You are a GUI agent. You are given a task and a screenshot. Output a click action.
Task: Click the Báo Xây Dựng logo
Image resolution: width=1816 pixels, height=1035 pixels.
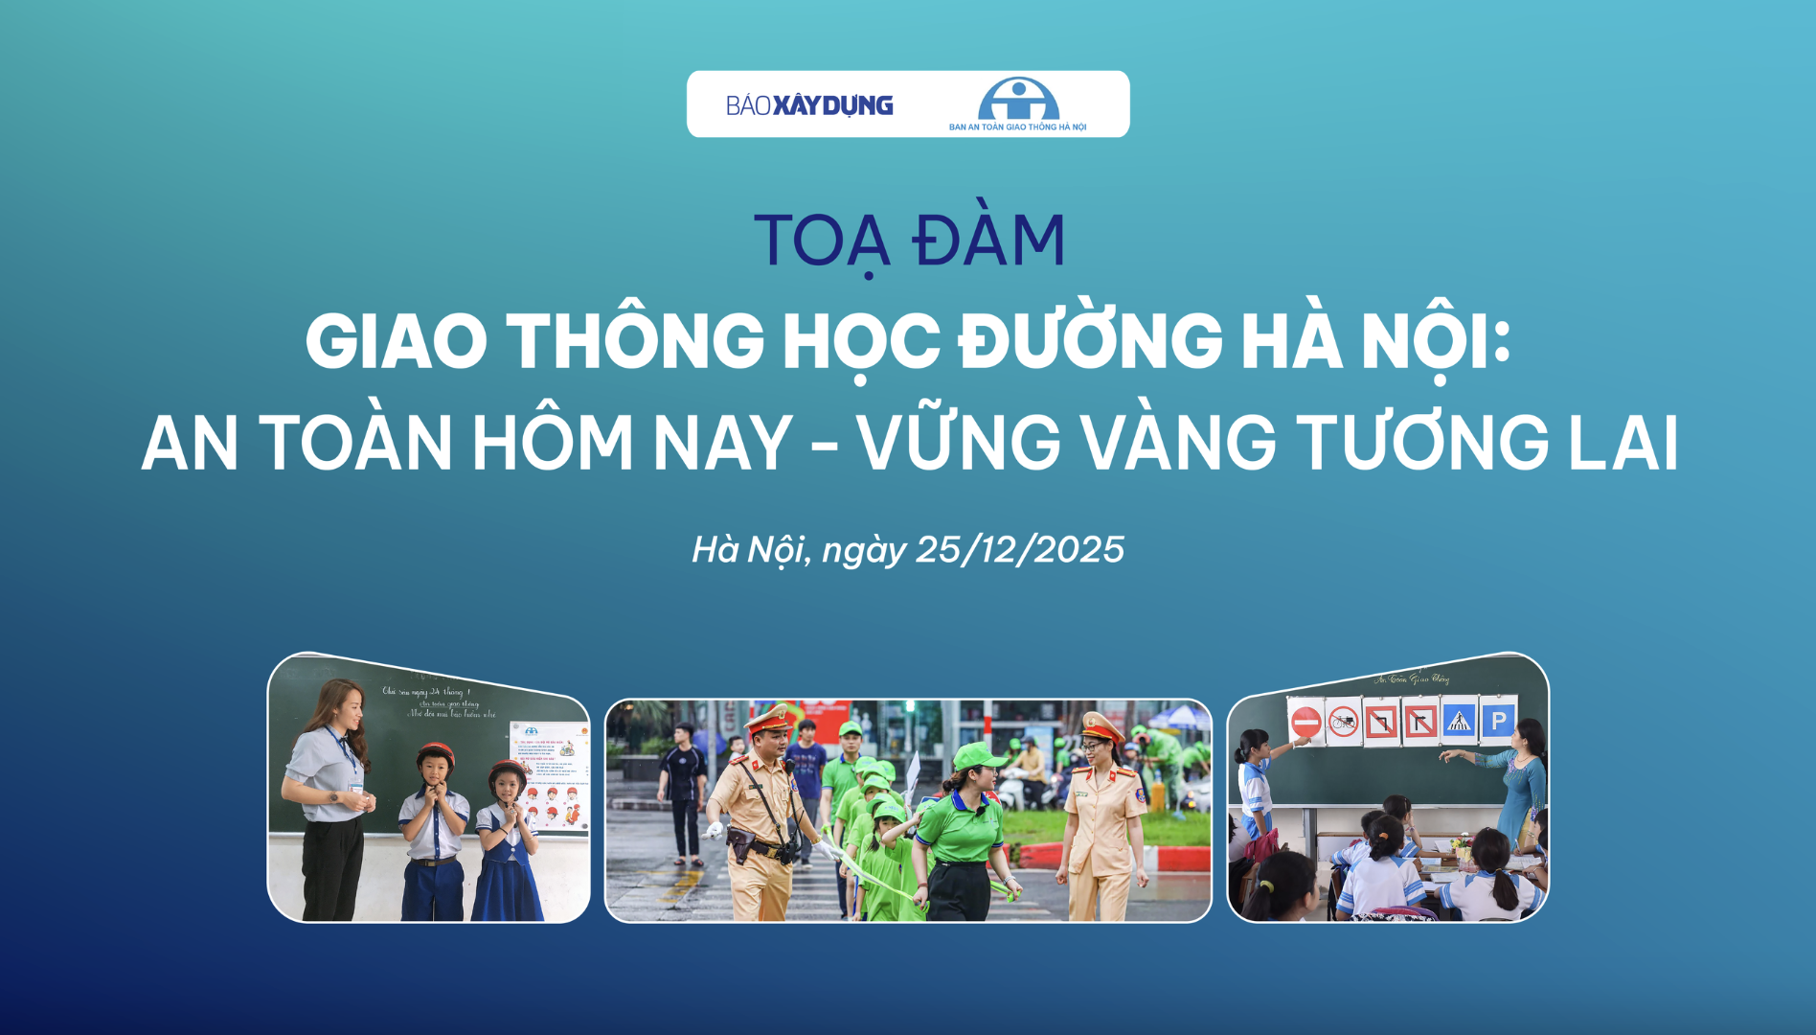pyautogui.click(x=809, y=105)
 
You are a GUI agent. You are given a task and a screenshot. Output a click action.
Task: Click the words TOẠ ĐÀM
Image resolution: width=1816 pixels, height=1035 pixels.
pyautogui.click(x=909, y=240)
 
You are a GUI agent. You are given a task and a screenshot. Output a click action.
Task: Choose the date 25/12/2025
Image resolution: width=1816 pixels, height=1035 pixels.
pyautogui.click(x=1020, y=550)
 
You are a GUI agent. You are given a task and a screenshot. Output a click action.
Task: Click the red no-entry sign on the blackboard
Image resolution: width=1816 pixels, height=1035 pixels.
pyautogui.click(x=1305, y=722)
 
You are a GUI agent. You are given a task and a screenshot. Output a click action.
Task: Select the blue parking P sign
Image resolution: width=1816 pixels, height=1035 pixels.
pyautogui.click(x=1498, y=721)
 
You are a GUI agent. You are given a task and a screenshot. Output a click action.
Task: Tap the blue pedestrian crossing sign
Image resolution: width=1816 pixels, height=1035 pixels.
pyautogui.click(x=1459, y=721)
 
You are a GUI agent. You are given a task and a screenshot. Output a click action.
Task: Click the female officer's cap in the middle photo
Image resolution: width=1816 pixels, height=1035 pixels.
pyautogui.click(x=1101, y=725)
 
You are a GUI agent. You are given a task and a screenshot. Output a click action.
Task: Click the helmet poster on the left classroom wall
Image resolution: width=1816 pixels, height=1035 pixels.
pyautogui.click(x=549, y=776)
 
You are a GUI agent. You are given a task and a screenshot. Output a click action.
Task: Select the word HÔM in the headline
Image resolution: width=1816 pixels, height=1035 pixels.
pyautogui.click(x=553, y=443)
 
